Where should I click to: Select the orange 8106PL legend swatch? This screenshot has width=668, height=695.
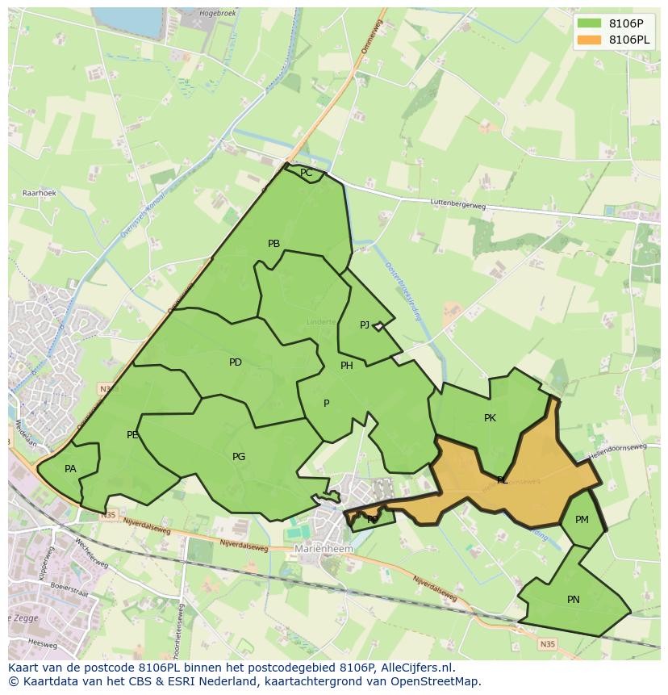tap(589, 40)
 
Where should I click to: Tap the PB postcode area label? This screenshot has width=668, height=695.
tap(273, 244)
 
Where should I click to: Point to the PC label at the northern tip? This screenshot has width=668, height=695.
tap(306, 173)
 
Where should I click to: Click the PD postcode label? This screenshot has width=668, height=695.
tap(235, 362)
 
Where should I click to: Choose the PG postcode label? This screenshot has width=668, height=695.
tap(239, 457)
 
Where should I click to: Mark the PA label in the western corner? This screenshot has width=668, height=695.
tap(70, 469)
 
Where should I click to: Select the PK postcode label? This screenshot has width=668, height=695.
tap(490, 418)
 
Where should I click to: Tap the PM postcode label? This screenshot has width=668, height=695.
tap(582, 520)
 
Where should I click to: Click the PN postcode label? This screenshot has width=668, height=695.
tap(573, 600)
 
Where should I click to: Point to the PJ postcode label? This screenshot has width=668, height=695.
tap(365, 325)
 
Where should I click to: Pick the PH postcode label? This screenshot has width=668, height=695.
tap(347, 366)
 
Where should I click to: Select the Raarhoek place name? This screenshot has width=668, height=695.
tap(39, 194)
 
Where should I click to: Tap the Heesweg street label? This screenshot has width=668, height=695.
tap(42, 643)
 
